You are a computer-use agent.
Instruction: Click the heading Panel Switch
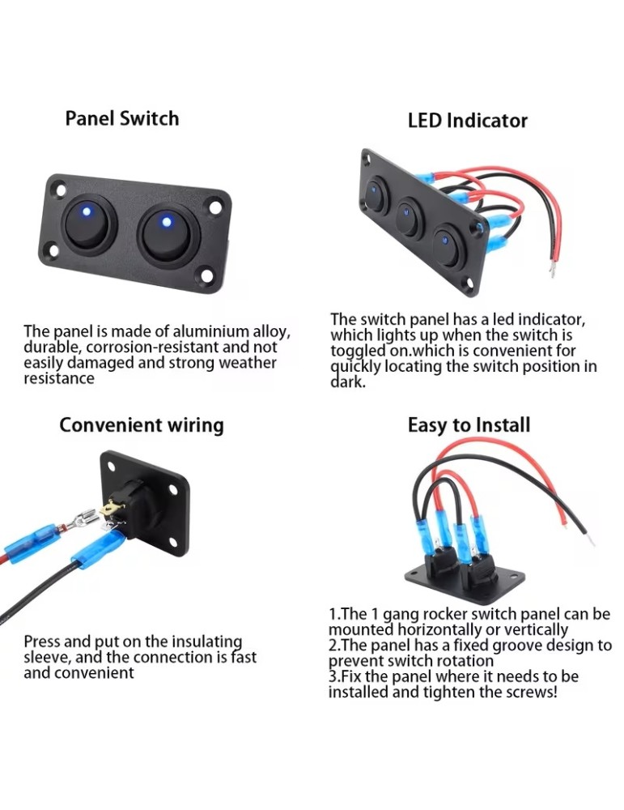click(121, 118)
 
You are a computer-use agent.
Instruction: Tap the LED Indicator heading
click(467, 121)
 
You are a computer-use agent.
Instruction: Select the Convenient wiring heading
click(142, 424)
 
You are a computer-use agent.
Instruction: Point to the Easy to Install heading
click(469, 424)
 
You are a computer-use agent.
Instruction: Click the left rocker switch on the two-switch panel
click(89, 224)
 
